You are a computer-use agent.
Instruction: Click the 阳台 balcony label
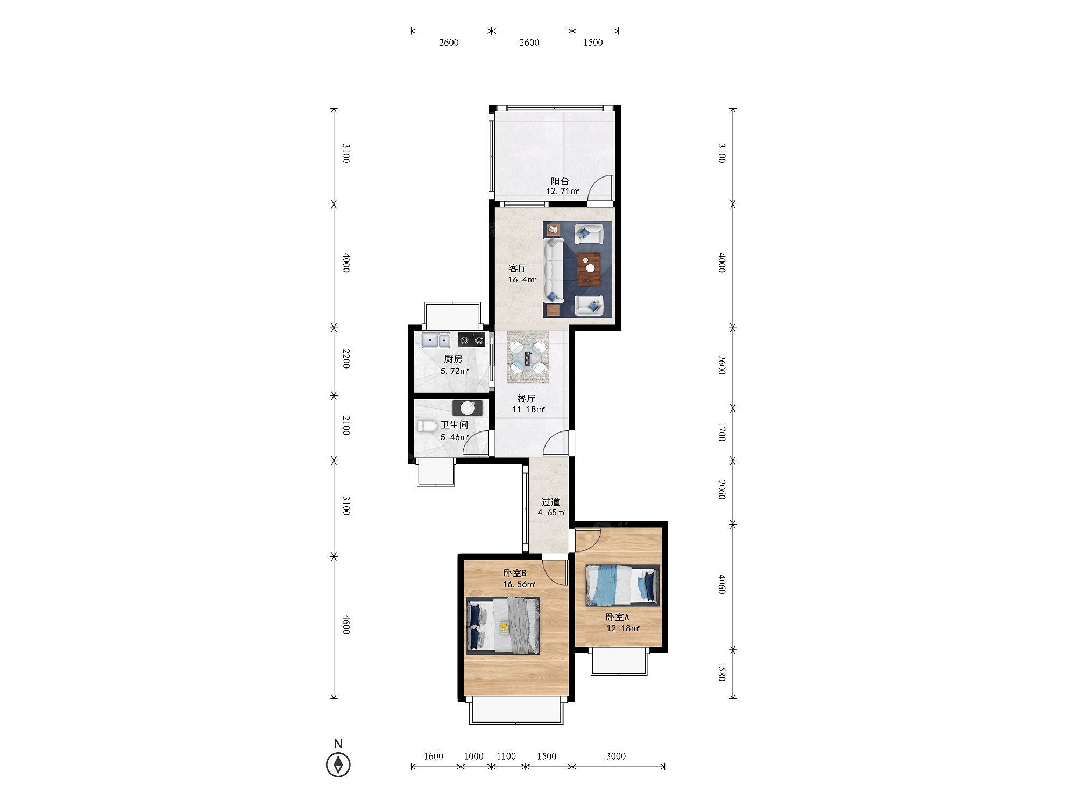[560, 181]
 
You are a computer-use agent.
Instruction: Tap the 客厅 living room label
[518, 268]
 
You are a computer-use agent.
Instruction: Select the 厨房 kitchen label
[453, 359]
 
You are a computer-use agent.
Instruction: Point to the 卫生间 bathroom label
[454, 425]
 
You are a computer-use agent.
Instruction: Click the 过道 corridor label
[550, 502]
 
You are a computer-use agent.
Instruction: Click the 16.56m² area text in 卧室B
[519, 584]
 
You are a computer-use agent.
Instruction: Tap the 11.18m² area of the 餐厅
[528, 409]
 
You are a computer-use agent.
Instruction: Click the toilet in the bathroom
[428, 426]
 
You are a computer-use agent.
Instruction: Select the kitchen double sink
[436, 340]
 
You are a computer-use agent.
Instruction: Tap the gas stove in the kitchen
[472, 339]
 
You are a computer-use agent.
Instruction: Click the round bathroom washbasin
[468, 408]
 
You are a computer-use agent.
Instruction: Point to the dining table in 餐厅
[528, 357]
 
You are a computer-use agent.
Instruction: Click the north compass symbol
[338, 764]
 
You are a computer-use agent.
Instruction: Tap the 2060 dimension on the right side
[722, 490]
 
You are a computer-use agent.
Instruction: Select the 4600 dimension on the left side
[345, 624]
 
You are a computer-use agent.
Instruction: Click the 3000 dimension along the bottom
[616, 756]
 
